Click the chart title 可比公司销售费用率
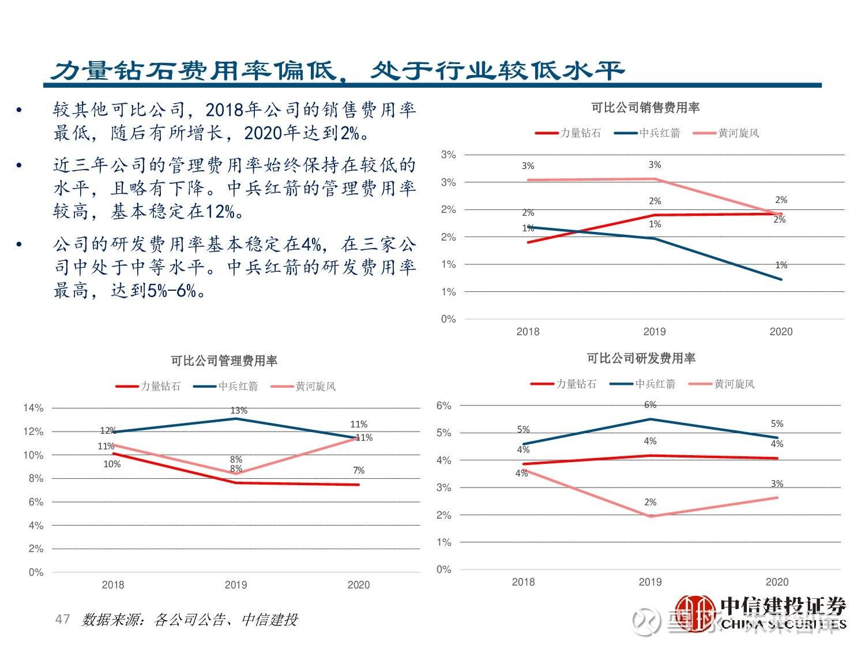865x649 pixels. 645,108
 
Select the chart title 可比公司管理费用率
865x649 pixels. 224,361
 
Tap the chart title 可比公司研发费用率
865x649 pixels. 641,359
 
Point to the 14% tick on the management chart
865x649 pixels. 33,408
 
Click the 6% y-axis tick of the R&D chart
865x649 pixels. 443,406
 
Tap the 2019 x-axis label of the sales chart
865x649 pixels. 655,332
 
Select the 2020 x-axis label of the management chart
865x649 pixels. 358,585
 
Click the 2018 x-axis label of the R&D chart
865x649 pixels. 523,582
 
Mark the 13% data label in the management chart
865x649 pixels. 239,411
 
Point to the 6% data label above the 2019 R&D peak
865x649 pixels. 650,405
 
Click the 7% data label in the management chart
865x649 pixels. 359,471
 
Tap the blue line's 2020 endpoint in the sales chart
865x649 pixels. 781,279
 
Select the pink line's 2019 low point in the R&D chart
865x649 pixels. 650,516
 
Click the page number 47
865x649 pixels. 62,620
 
